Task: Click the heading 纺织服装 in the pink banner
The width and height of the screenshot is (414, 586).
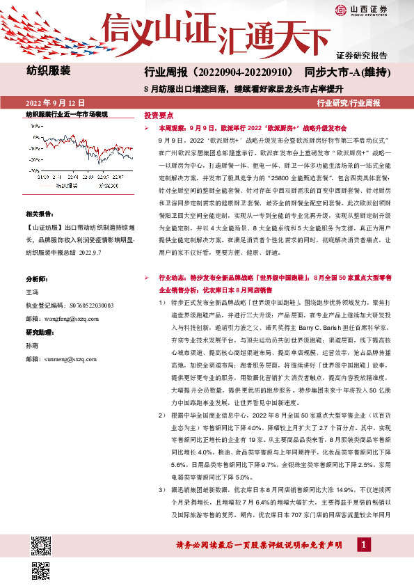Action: click(48, 70)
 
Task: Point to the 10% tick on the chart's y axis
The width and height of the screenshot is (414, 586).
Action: click(38, 126)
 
